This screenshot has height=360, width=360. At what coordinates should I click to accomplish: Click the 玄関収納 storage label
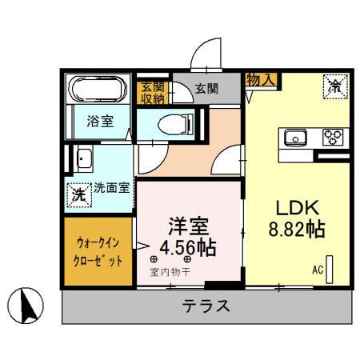coord(151,94)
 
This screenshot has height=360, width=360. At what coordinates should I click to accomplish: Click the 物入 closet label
coord(261,79)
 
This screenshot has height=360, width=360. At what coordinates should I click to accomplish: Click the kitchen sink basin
coord(294,138)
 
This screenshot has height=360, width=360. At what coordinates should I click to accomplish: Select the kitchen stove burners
coord(332,137)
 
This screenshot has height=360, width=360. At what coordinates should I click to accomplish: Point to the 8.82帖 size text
coord(295,230)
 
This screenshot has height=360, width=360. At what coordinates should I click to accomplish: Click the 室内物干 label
coord(170,272)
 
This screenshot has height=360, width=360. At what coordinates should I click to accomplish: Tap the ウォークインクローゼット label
coord(100,251)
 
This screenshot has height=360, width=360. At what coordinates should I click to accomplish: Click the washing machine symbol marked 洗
coord(79,194)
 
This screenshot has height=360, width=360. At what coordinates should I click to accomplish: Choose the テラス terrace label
coord(206,306)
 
